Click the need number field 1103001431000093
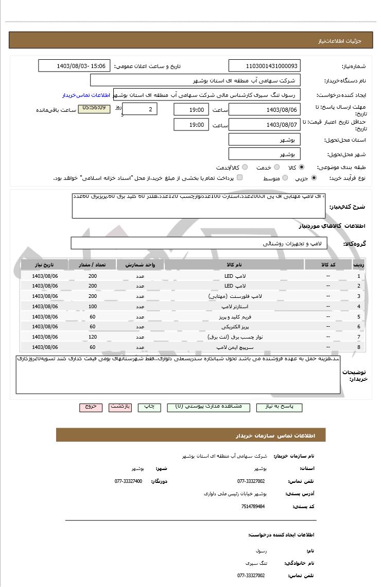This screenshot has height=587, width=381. point(264,66)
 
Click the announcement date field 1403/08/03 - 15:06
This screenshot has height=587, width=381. point(74,66)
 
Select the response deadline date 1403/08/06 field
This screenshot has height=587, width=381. point(264,109)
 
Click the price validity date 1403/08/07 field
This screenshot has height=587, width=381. point(264,125)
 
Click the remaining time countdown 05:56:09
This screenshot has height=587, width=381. point(94,108)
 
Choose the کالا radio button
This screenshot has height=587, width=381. point(301,167)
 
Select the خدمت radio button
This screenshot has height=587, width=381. point(276,167)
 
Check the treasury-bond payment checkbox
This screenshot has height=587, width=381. point(240,178)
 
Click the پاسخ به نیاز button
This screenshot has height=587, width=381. point(279,407)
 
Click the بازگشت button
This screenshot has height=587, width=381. point(120,407)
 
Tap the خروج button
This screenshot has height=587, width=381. point(91,407)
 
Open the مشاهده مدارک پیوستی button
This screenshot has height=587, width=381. point(208,407)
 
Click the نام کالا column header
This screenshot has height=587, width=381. point(234,264)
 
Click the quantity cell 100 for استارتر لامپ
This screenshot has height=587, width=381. point(93,306)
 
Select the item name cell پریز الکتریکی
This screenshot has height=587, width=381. point(234,327)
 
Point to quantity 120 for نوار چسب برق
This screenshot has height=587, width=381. point(93,337)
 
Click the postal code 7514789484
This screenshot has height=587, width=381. point(253,507)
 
